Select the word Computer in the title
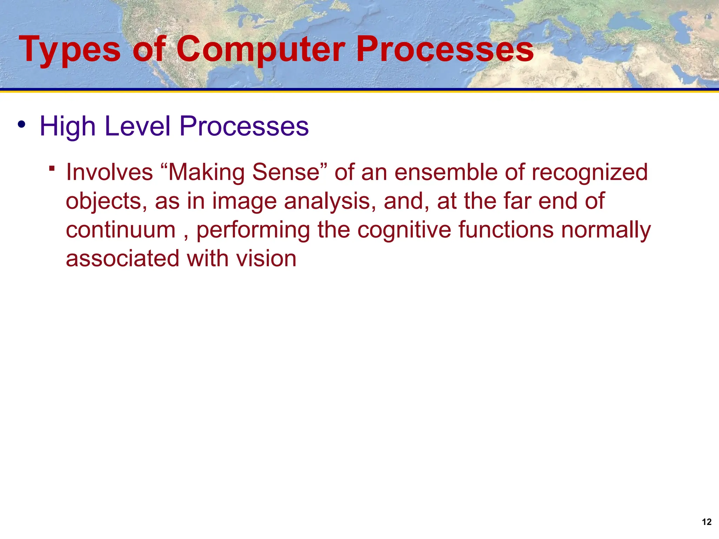point(260,50)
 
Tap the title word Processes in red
point(445,50)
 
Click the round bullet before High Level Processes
point(22,125)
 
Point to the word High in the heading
point(67,126)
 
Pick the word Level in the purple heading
point(137,126)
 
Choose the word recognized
point(589,172)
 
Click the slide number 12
point(706,522)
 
